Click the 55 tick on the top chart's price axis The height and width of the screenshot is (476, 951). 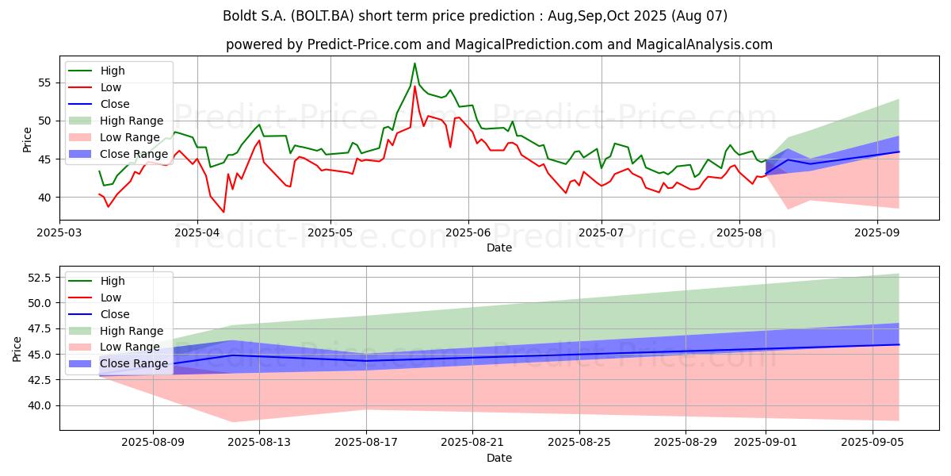point(44,83)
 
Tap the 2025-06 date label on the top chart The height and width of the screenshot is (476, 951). point(468,233)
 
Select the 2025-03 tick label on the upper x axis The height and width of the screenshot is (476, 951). point(59,233)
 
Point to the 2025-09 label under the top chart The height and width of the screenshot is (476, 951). point(877,233)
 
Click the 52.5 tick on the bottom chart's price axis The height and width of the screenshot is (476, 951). point(39,278)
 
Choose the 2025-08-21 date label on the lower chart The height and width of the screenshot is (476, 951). point(472,443)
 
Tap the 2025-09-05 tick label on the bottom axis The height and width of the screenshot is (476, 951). point(873,443)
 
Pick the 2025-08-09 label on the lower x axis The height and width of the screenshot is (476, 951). point(153,443)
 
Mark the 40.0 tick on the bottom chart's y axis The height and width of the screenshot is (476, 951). point(39,406)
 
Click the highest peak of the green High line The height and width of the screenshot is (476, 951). point(414,63)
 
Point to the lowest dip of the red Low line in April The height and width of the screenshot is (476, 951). point(223,212)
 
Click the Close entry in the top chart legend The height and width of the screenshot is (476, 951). point(99,104)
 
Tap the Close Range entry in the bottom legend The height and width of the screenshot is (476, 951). point(118,364)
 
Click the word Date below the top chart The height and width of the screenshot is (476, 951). point(498,248)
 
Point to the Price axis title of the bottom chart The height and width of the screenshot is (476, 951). point(17,349)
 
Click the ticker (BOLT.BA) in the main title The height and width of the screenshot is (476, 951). point(323,16)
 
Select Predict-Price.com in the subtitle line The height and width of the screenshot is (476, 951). point(365,44)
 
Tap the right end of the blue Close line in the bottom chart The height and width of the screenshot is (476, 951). point(899,344)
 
